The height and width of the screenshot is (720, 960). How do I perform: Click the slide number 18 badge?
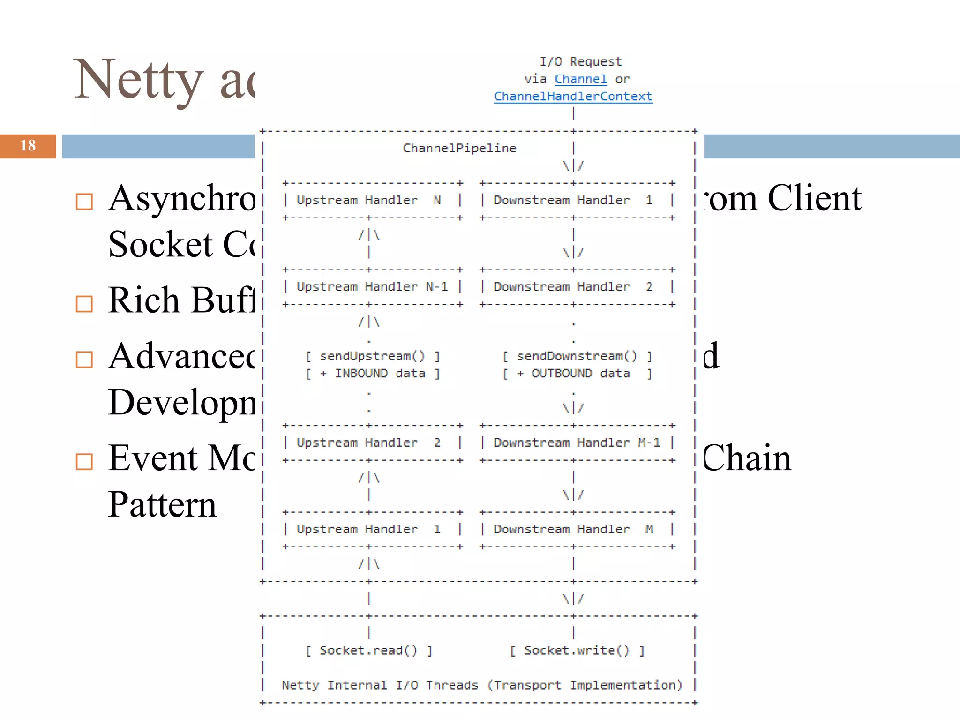click(x=28, y=146)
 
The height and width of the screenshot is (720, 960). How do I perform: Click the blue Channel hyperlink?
click(x=580, y=79)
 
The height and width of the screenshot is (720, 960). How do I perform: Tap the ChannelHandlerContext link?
click(x=573, y=97)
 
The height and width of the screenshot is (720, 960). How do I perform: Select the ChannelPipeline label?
click(x=459, y=148)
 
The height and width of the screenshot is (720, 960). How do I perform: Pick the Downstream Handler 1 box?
click(x=577, y=201)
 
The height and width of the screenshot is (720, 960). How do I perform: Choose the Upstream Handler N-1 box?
click(x=372, y=287)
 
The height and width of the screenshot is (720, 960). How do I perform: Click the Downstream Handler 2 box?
click(x=577, y=287)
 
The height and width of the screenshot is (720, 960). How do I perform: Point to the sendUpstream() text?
click(x=372, y=356)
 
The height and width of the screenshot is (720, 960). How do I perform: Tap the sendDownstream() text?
click(x=577, y=356)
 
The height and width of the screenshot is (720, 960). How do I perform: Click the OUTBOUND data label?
click(x=580, y=374)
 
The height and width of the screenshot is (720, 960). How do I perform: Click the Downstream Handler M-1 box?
click(x=577, y=443)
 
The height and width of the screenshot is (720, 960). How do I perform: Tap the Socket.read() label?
click(x=368, y=651)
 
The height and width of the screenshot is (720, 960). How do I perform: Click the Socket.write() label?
click(x=577, y=651)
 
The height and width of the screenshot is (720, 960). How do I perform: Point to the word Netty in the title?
click(x=139, y=80)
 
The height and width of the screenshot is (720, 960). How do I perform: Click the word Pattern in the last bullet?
click(x=162, y=505)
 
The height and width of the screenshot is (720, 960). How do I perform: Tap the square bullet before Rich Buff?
click(x=84, y=304)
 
